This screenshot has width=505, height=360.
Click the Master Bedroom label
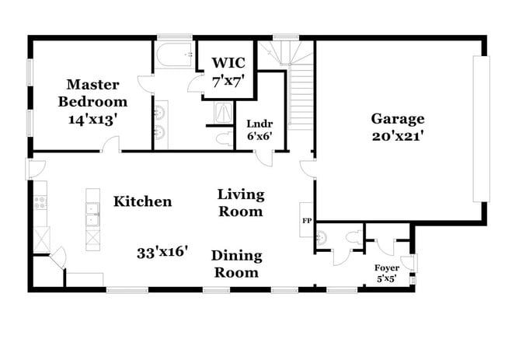click(96, 93)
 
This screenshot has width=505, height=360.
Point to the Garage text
click(397, 119)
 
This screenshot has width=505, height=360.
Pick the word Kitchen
click(142, 202)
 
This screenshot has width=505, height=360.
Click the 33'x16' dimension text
click(162, 253)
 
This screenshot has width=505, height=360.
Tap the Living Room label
click(240, 202)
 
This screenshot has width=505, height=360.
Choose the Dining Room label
click(236, 264)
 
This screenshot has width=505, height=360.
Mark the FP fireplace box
click(306, 219)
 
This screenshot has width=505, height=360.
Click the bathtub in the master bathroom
click(172, 55)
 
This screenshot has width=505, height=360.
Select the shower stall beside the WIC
click(223, 114)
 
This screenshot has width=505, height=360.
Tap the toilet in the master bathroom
click(222, 139)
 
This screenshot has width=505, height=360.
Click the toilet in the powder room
click(354, 238)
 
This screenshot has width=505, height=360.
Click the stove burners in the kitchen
click(40, 204)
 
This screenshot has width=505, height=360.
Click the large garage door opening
click(482, 129)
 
